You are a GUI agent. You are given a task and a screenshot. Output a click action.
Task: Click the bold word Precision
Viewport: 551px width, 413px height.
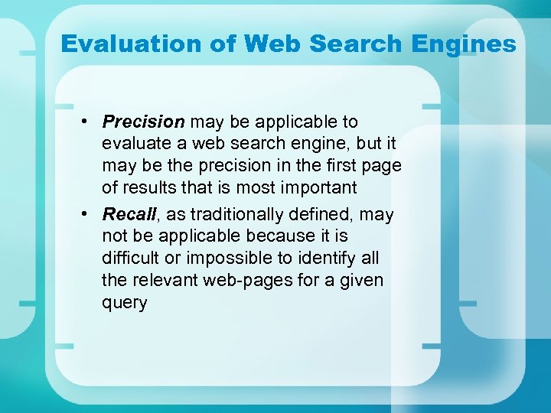pos(143,122)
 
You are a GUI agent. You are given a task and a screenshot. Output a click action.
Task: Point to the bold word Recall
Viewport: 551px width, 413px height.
pos(130,214)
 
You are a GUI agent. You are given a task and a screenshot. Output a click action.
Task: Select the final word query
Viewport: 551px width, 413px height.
pos(124,303)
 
